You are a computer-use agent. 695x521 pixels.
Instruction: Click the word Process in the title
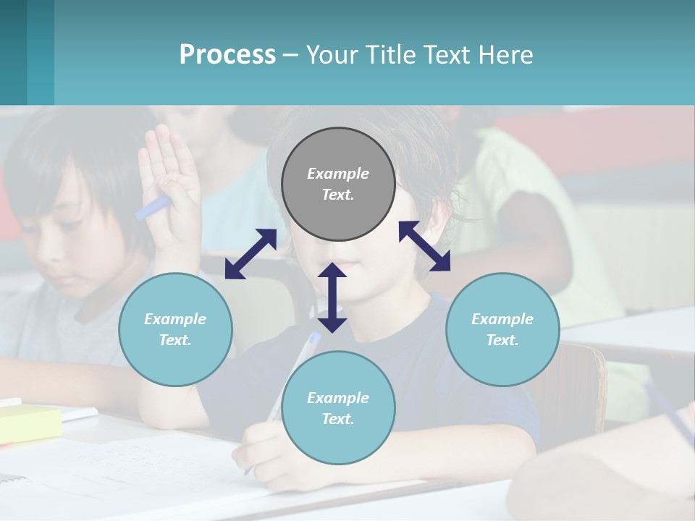[227, 55]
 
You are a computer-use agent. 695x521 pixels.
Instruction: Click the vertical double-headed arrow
[332, 297]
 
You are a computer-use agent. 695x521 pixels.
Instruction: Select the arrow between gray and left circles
[250, 254]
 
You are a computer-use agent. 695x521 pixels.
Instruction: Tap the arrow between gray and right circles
[424, 247]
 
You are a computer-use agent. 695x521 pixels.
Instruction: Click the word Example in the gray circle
[338, 174]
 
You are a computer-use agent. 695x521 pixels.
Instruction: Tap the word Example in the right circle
[502, 319]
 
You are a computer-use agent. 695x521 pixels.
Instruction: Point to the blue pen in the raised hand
[152, 208]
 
